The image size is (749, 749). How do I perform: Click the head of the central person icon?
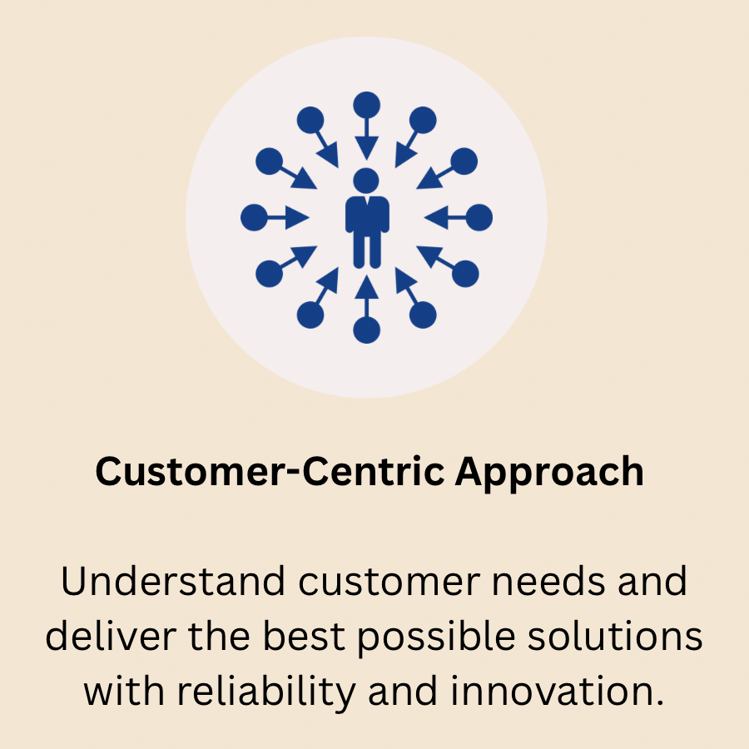tap(366, 181)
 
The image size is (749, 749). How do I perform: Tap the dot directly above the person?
tap(366, 105)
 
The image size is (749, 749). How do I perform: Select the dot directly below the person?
tap(366, 330)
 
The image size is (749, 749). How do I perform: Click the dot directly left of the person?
tap(254, 217)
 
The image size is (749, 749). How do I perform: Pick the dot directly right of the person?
tap(479, 217)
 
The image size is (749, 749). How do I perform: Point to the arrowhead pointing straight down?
tap(366, 147)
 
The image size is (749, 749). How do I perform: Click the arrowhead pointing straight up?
tap(366, 288)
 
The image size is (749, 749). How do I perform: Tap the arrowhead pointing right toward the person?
tap(297, 217)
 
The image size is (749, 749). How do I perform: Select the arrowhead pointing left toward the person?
tap(436, 217)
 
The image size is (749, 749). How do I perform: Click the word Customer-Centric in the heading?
tap(270, 472)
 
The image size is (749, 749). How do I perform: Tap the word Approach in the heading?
tap(549, 473)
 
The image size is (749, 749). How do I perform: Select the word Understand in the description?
tap(173, 582)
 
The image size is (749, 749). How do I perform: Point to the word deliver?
tap(111, 637)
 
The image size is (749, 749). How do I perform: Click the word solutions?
tap(615, 637)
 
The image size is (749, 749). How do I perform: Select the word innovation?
tap(557, 692)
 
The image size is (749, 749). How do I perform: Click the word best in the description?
tap(304, 637)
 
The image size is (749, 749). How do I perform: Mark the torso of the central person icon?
tap(367, 215)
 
